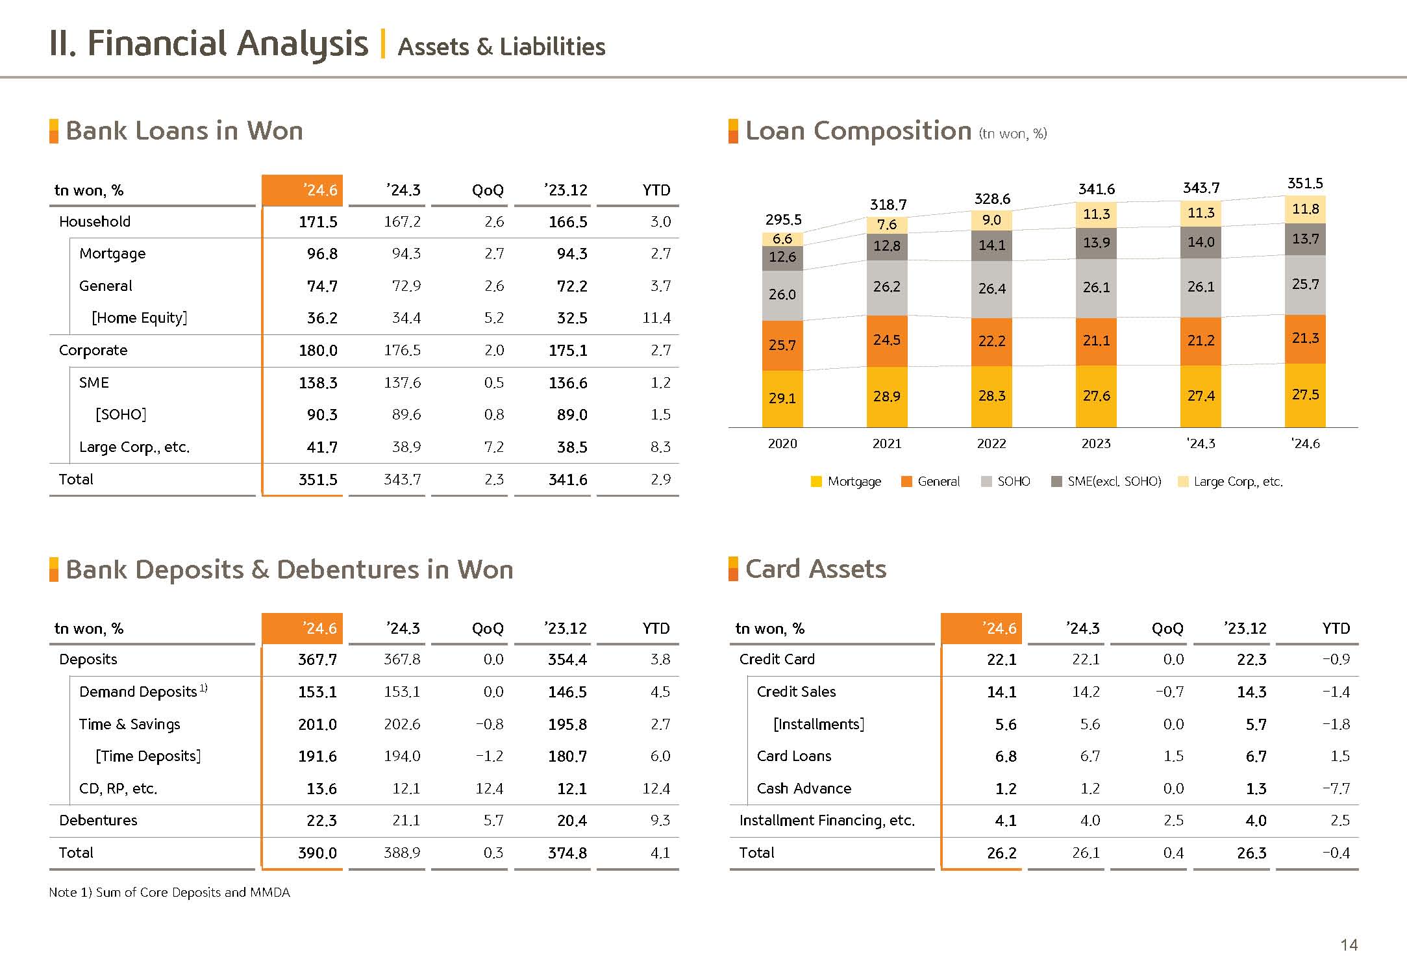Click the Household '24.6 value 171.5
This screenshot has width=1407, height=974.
(318, 222)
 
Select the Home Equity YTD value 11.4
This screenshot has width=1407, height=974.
(656, 318)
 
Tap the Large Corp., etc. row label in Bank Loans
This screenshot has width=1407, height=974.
(134, 447)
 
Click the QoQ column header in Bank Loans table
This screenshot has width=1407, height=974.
(488, 190)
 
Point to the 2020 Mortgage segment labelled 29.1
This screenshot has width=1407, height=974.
(782, 398)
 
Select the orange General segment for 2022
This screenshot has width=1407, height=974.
(991, 342)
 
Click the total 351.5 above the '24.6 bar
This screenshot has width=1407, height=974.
(1305, 184)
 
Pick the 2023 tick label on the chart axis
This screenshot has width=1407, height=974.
(1096, 444)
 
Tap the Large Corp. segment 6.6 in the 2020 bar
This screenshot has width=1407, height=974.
(782, 239)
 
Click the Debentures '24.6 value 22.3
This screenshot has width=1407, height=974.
(321, 821)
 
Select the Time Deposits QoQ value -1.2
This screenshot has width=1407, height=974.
(490, 756)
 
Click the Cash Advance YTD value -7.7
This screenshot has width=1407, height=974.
(1336, 789)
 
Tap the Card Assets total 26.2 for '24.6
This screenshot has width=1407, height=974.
(1001, 853)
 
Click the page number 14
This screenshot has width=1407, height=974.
(1349, 945)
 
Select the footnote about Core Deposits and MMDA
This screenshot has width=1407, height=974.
(169, 893)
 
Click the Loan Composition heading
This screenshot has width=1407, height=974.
(858, 131)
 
